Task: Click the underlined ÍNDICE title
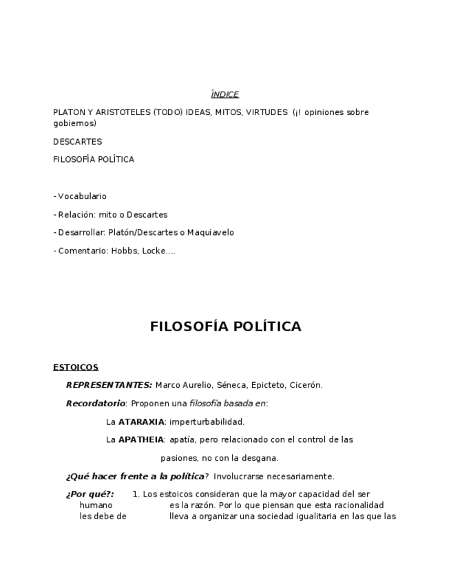[224, 94]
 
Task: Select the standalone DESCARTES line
[77, 142]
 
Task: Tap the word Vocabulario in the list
[82, 196]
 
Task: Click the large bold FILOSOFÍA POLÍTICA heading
[225, 326]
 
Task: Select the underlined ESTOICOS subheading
[76, 367]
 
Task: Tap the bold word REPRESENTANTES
[108, 385]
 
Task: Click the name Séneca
[231, 385]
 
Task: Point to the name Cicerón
[305, 385]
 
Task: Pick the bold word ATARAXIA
[141, 421]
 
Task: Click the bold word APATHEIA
[141, 439]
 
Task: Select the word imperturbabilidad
[207, 421]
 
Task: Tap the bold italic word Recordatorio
[96, 404]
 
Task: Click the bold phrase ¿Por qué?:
[90, 494]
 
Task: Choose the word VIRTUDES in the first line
[264, 112]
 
